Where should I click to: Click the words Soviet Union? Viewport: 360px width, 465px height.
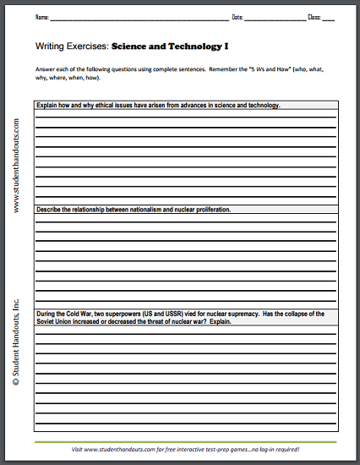(55, 322)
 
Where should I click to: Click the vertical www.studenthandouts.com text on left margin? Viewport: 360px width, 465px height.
(16, 166)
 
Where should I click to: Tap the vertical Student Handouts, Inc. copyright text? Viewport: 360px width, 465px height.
(16, 342)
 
